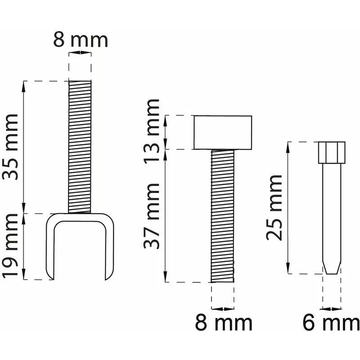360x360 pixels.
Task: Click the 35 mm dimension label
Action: (x=10, y=147)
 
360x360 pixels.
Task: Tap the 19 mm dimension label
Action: (x=10, y=246)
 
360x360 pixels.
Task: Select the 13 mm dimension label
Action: (x=152, y=131)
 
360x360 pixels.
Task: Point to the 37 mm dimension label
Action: (x=152, y=216)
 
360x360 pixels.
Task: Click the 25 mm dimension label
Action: (x=274, y=208)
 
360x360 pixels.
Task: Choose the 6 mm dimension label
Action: (x=331, y=323)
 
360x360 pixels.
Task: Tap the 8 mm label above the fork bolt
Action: (x=81, y=40)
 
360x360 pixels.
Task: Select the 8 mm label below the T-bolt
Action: (x=224, y=323)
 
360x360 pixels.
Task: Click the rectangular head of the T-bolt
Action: (x=223, y=132)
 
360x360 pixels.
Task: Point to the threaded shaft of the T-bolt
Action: (x=222, y=216)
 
